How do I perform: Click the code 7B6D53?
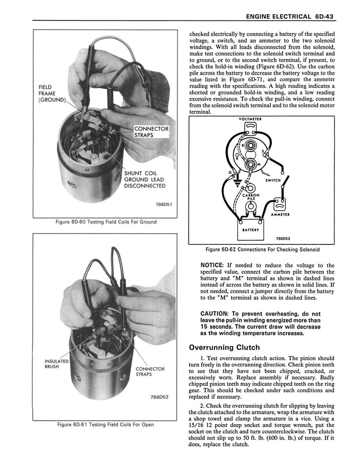[284, 238]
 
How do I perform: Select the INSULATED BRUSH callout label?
[56, 365]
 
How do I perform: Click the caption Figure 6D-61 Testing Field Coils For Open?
[106, 425]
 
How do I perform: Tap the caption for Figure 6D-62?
[262, 249]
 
